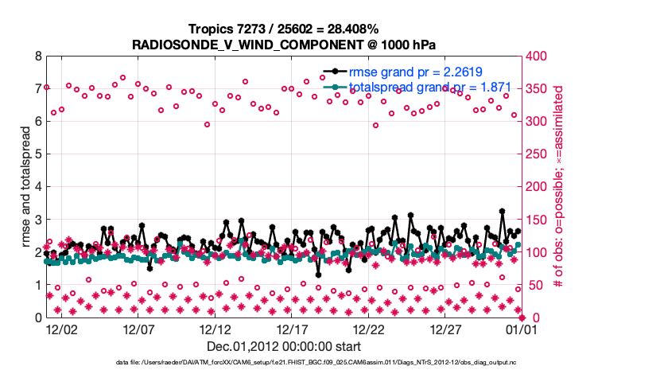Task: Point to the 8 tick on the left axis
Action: click(37, 56)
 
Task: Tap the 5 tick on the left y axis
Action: click(37, 154)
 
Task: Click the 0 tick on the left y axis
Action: click(37, 318)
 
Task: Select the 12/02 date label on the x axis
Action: click(61, 329)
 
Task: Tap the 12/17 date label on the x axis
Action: click(292, 329)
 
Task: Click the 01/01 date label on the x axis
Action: click(522, 329)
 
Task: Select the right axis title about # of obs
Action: click(559, 187)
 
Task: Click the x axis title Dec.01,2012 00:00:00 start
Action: click(284, 346)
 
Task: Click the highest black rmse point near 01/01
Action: click(502, 212)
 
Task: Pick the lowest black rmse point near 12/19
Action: click(318, 275)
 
